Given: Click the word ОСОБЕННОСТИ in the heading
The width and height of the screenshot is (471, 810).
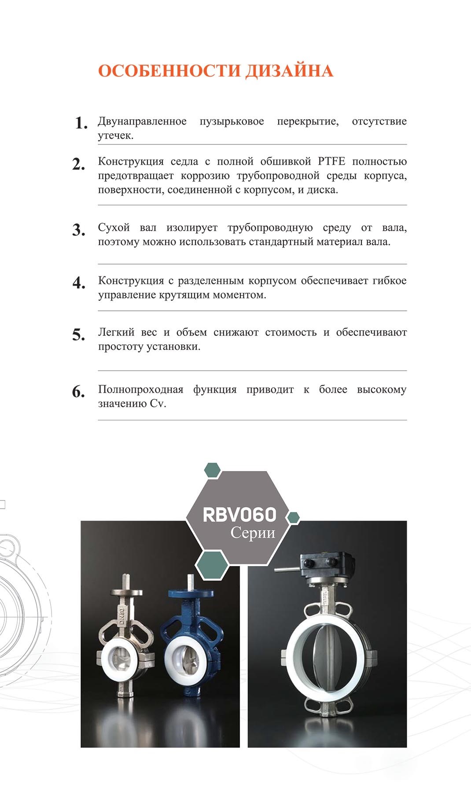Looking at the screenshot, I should [169, 71].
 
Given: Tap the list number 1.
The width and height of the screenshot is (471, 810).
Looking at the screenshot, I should [81, 123].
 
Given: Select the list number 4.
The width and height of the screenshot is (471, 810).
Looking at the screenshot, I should [79, 283].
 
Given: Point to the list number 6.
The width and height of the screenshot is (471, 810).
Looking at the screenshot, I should [79, 391].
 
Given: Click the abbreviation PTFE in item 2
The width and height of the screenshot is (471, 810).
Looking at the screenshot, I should [331, 161].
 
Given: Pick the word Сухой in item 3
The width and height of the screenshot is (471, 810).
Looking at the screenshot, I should [114, 228].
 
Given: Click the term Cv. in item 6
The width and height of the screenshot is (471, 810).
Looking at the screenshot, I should [158, 404].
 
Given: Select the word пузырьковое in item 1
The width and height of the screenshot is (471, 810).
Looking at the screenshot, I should [232, 121].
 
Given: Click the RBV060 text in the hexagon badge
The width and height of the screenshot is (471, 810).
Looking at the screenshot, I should [239, 515].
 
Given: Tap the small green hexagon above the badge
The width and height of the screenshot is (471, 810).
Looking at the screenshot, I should [212, 470].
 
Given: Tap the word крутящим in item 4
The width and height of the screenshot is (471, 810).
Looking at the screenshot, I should [188, 295].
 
